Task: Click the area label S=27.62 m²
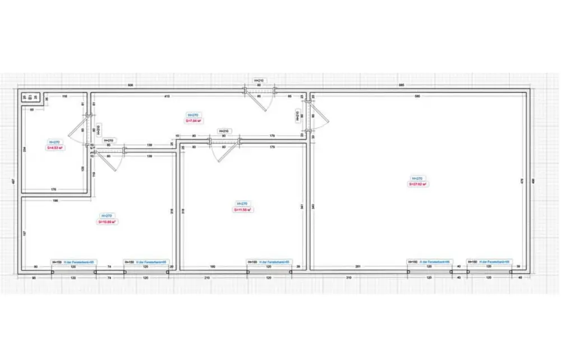click(418, 183)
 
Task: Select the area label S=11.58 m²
click(242, 210)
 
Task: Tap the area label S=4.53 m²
click(55, 148)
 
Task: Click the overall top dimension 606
click(131, 85)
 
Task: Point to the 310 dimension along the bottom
click(348, 278)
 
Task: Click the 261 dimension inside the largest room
click(357, 266)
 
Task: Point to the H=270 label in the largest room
click(418, 178)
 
